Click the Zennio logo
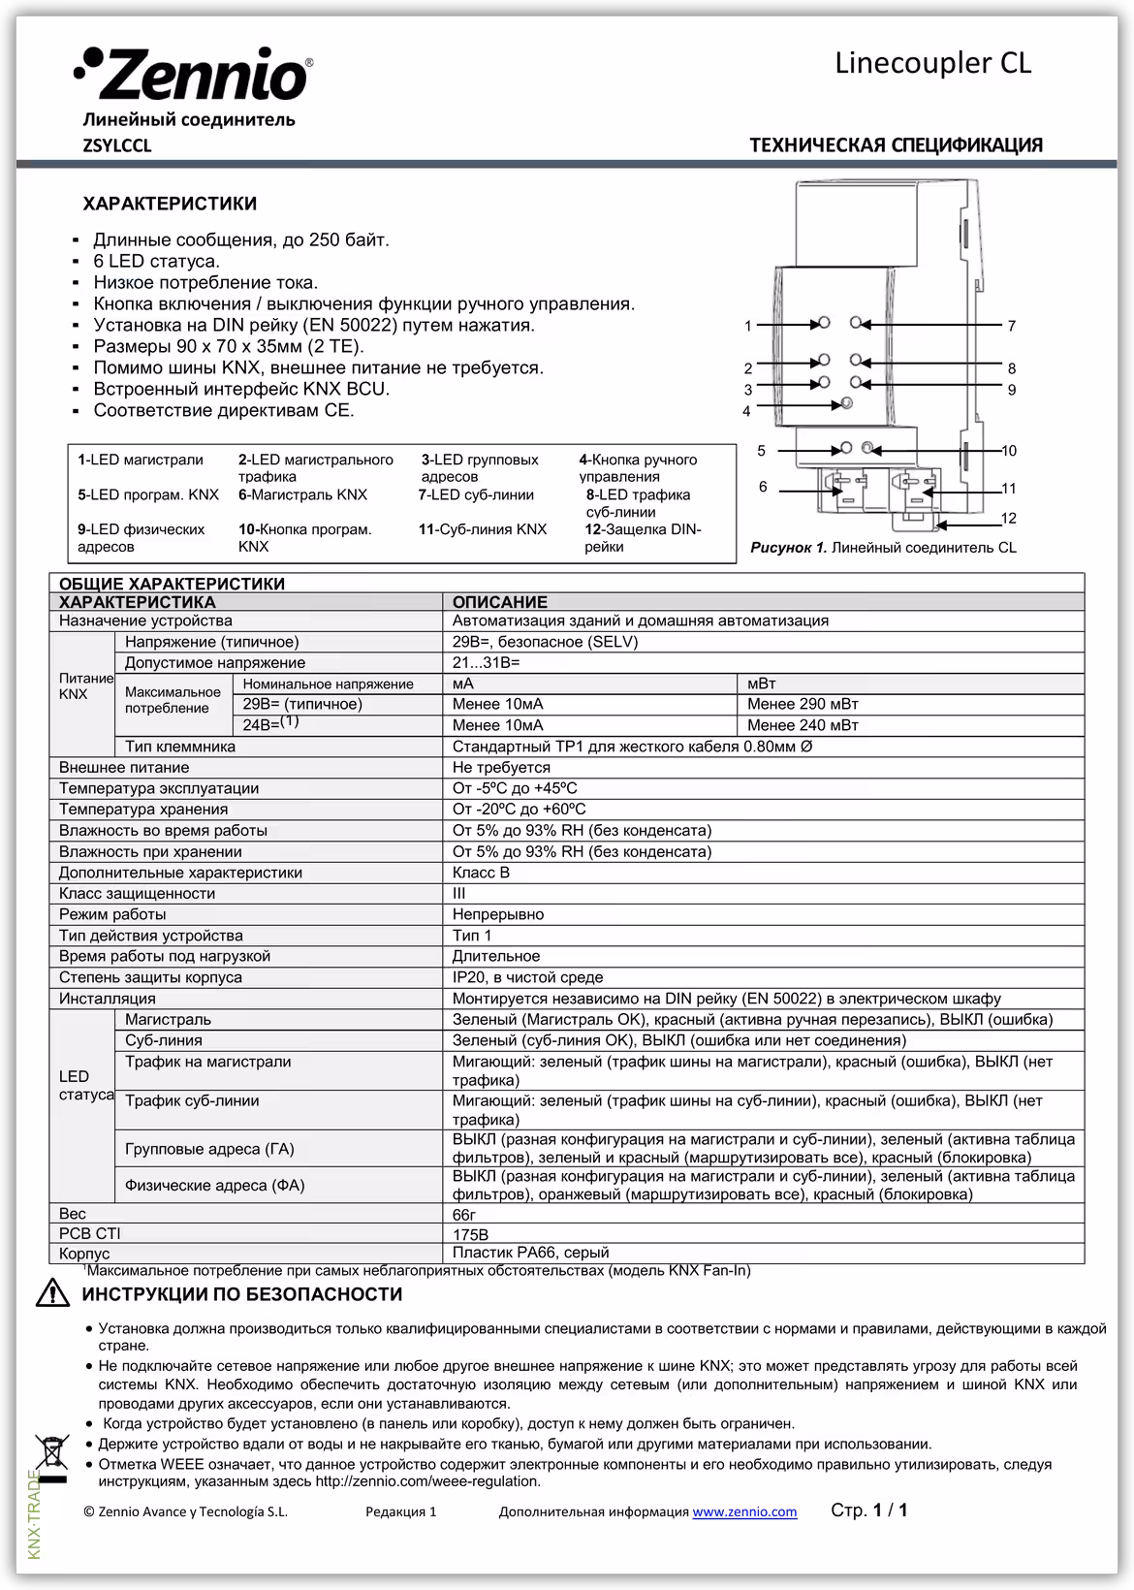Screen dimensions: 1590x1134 (193, 76)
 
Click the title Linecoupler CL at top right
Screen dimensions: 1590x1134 (932, 63)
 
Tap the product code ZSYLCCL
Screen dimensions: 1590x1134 (117, 146)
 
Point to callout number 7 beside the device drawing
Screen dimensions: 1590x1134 (1011, 327)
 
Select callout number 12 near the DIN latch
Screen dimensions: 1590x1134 (1008, 519)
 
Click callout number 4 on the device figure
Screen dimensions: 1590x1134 (746, 411)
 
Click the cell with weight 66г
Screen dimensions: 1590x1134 (464, 1214)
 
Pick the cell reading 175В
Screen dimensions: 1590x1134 (471, 1235)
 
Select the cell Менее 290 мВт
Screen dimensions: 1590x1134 (803, 705)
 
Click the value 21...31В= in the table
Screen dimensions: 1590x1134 (486, 663)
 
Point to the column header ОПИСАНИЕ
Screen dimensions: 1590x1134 (500, 602)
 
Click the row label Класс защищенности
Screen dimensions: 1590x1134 (137, 894)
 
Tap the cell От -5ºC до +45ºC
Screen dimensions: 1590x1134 (515, 789)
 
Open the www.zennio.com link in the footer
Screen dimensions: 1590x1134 (744, 1511)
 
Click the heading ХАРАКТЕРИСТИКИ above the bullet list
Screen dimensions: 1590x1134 (170, 205)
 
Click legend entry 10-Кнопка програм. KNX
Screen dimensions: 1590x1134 (305, 538)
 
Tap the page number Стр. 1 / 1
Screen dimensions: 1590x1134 (868, 1510)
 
